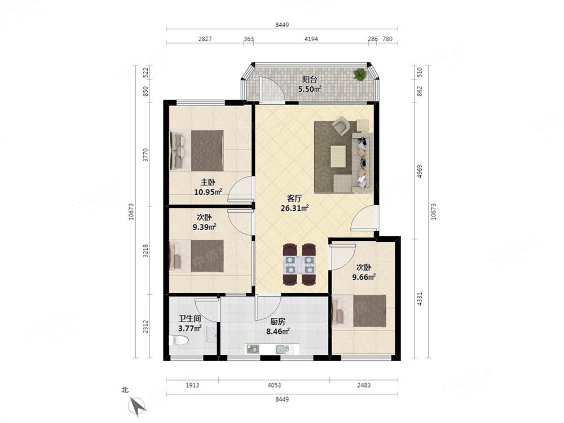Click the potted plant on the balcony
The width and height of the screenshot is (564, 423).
tap(359, 74)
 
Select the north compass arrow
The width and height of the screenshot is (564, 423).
tap(137, 406)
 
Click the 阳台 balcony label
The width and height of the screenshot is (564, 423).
tap(309, 79)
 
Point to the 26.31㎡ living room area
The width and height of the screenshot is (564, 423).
tap(294, 208)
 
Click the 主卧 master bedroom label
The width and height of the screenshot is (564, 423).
tap(208, 182)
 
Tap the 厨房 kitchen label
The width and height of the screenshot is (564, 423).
tap(277, 321)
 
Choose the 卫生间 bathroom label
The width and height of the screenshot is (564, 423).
tap(190, 318)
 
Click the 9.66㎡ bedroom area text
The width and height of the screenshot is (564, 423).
tap(364, 277)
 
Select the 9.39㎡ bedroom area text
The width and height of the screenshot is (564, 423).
tap(204, 227)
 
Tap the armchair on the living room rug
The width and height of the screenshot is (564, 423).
tap(341, 126)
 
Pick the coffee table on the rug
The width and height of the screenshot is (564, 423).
tap(338, 156)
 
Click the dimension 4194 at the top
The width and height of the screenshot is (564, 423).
tap(311, 39)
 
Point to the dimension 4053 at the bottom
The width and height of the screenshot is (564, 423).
tap(274, 385)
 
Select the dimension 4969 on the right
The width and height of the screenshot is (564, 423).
tap(420, 171)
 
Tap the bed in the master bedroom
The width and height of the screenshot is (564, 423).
tap(197, 151)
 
